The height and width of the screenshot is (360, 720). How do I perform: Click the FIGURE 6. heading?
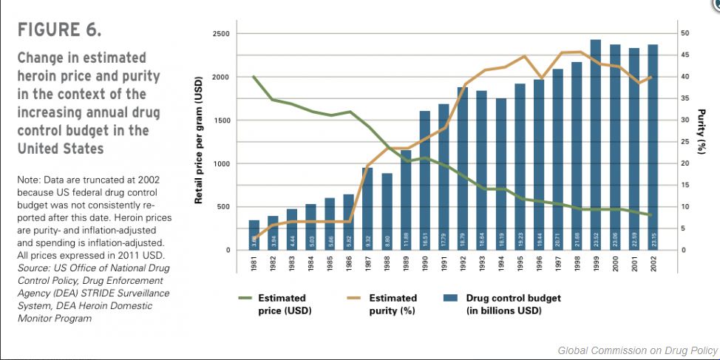click(59, 31)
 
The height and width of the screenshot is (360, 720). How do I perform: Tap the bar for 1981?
click(254, 234)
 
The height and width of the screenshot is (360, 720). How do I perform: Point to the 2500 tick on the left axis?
click(221, 34)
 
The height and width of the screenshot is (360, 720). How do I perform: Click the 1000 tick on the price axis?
click(221, 163)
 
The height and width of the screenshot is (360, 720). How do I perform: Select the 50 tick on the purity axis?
click(685, 34)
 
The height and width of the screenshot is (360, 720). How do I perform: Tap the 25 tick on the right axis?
click(685, 142)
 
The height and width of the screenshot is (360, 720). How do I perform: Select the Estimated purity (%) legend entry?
click(393, 304)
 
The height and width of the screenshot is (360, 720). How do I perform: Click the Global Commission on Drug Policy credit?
click(637, 350)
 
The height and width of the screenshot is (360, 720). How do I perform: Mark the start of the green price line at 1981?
click(254, 76)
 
